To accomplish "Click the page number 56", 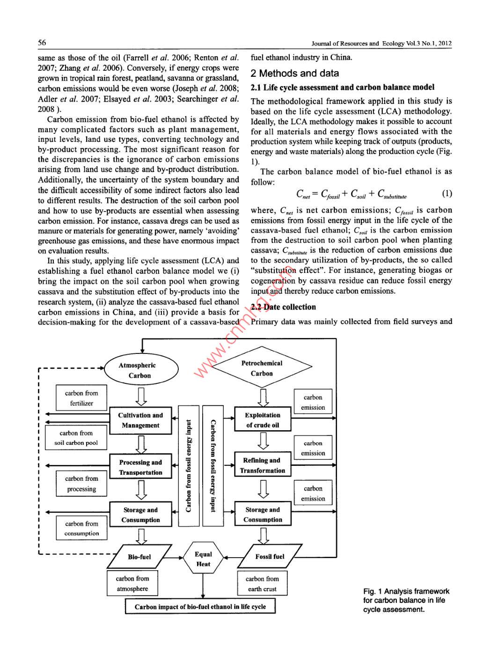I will (x=42, y=43).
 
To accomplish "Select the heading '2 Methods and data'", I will (x=294, y=74).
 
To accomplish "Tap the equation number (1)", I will (x=446, y=194).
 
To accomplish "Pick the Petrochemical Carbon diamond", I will (x=262, y=368).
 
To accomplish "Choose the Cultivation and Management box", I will (x=140, y=420).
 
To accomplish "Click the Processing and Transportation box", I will (x=140, y=467).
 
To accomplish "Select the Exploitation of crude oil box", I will (x=263, y=420).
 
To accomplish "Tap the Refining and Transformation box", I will (x=262, y=465).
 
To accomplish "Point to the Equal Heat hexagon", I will (x=203, y=559).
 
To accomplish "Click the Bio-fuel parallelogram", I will (x=139, y=557).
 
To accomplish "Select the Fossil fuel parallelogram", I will (x=270, y=557).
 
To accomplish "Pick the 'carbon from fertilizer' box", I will (x=81, y=398).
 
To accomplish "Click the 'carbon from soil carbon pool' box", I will (x=76, y=438).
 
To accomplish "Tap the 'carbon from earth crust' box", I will (x=262, y=584).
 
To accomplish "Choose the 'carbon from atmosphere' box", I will (x=132, y=583).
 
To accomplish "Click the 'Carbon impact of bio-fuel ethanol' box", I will (x=200, y=607).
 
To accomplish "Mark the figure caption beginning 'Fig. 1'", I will (x=406, y=600).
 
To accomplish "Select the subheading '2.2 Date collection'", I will (x=283, y=307).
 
